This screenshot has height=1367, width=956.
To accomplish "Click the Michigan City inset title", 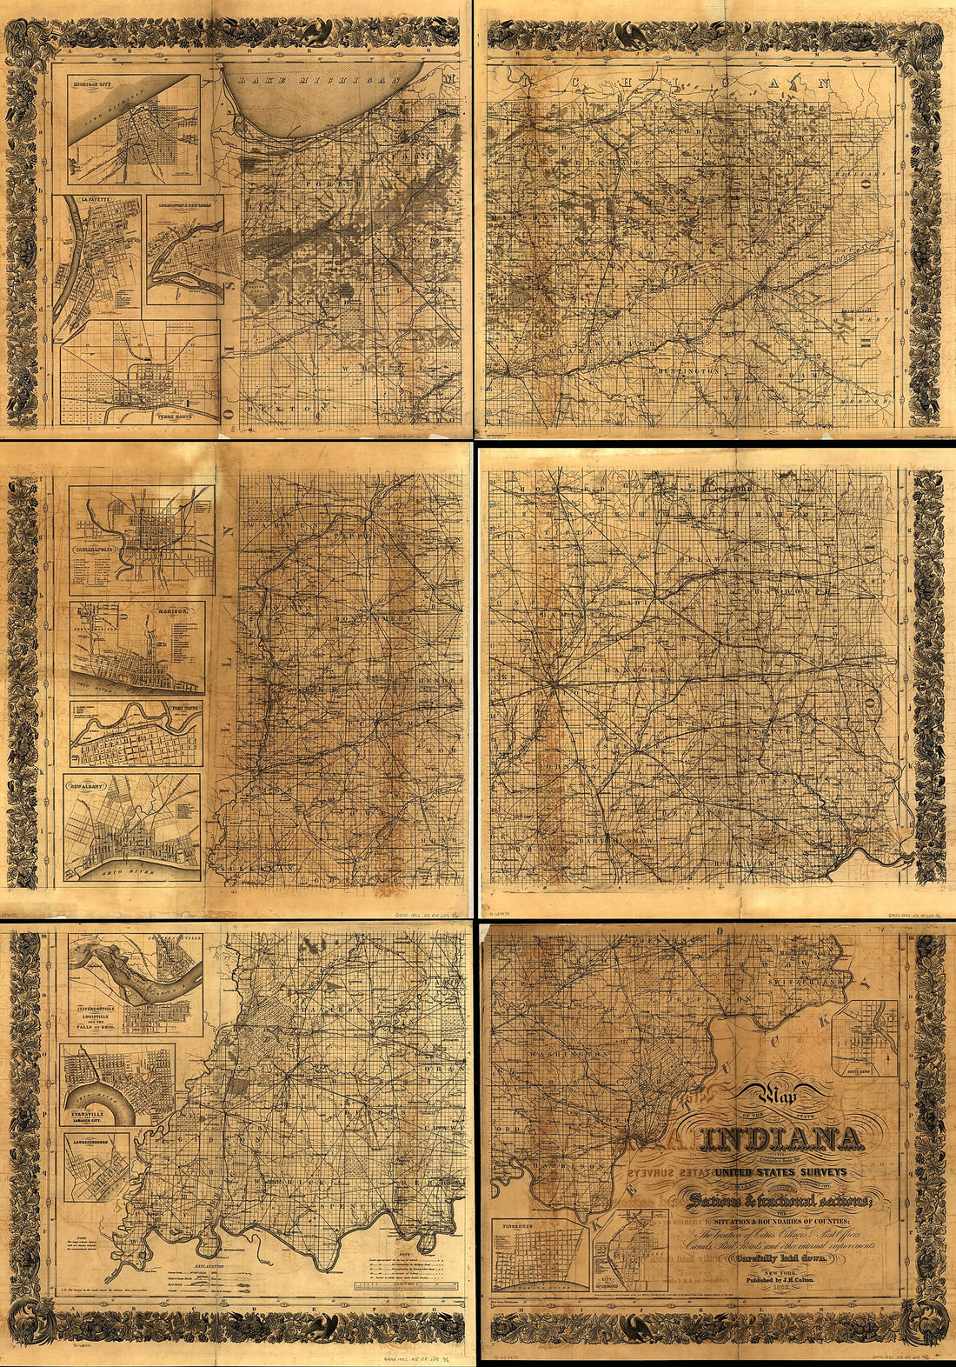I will click(x=96, y=85).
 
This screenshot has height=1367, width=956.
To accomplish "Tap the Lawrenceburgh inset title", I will click(x=96, y=1137).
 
